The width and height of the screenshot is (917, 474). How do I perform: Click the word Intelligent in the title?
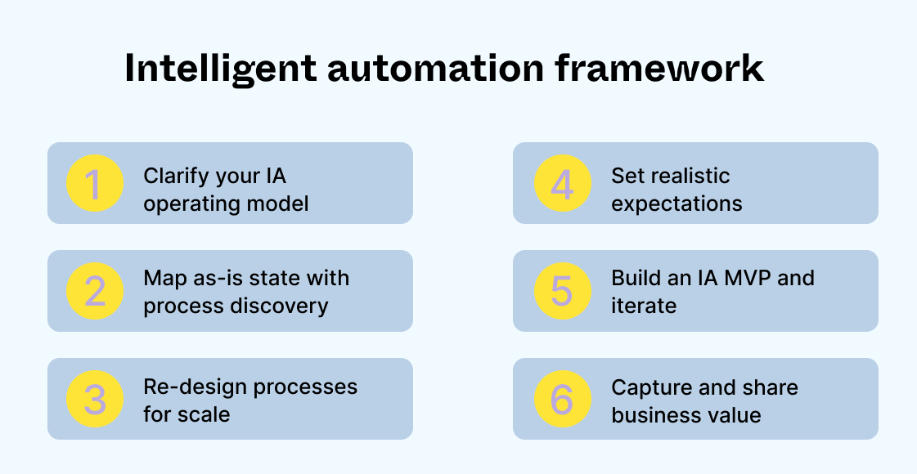(219, 69)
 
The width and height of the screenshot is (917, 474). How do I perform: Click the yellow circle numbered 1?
(95, 184)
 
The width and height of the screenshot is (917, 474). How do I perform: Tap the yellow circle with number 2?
(95, 291)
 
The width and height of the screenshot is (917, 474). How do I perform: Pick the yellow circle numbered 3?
(95, 399)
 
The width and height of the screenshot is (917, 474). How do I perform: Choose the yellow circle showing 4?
(563, 184)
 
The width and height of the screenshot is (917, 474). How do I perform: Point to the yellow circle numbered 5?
(563, 291)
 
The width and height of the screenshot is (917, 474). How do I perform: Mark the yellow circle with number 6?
(563, 399)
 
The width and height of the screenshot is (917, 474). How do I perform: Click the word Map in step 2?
(161, 279)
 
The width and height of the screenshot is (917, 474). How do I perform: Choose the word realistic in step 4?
(689, 177)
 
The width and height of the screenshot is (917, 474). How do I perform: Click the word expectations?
(677, 204)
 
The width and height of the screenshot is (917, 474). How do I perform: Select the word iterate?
(644, 306)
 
